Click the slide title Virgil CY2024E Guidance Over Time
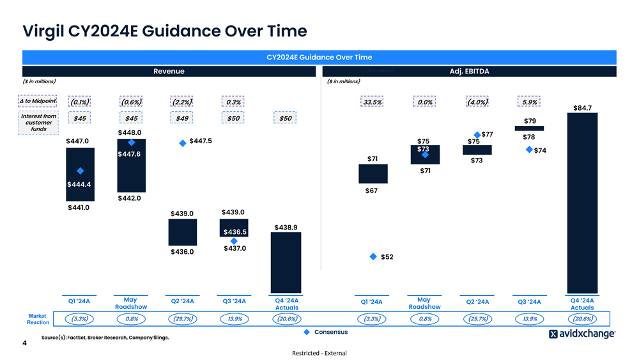coord(164,31)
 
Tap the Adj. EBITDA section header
coord(469,71)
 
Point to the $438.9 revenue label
coord(286,227)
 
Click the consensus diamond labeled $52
coord(373,256)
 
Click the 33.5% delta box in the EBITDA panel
coord(373,102)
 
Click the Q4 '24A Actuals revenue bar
coord(286,262)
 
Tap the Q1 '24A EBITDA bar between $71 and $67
coord(373,174)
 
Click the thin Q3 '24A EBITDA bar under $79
coord(530,128)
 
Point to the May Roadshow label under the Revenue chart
coord(130,303)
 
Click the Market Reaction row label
coord(38,319)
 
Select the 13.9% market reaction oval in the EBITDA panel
coord(530,318)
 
